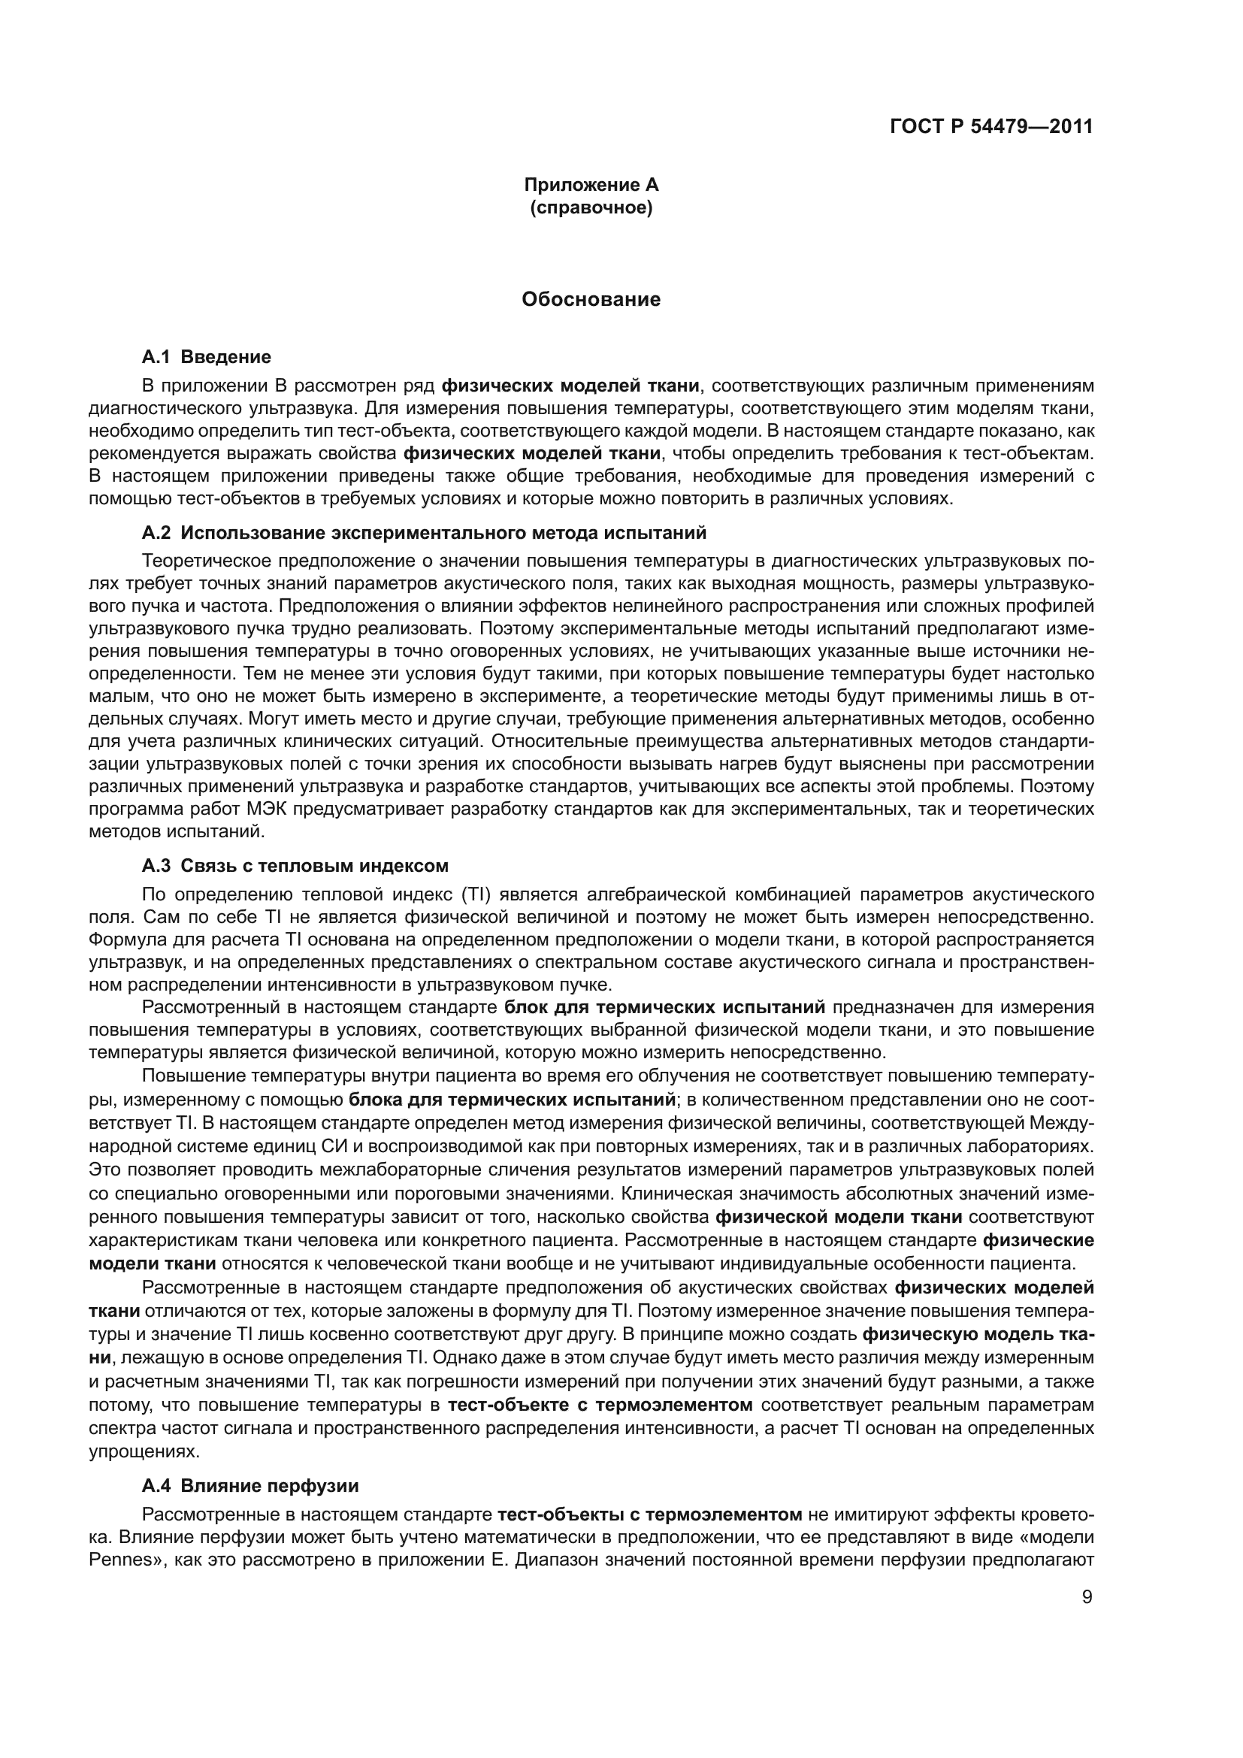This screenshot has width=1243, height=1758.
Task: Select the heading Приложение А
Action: [591, 185]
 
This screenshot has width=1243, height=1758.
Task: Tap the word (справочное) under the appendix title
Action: [591, 207]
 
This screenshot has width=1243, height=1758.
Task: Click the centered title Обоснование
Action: [591, 299]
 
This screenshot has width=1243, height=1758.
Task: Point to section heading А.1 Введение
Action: [206, 357]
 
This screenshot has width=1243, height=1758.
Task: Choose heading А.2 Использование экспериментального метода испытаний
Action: [424, 532]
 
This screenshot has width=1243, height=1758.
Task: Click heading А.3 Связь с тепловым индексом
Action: [295, 866]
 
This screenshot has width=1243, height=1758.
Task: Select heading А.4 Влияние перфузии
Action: [250, 1486]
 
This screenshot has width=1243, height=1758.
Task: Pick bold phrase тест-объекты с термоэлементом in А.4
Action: [649, 1514]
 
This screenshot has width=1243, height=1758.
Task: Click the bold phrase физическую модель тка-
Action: [978, 1335]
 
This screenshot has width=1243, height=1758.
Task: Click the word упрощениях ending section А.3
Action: [133, 1451]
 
